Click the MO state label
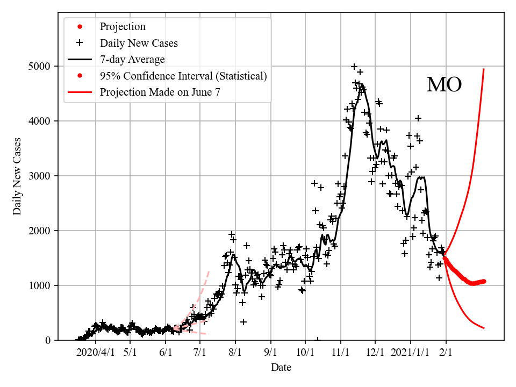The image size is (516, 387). [x=444, y=85]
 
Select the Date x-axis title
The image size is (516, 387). [x=281, y=368]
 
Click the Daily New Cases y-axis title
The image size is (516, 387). [x=17, y=176]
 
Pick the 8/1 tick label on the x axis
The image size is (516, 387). [x=235, y=353]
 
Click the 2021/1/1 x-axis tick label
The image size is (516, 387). [x=411, y=353]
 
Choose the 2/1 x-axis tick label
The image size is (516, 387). [x=446, y=353]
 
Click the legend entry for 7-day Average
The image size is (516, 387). [x=132, y=59]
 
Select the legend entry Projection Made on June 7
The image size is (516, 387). [x=160, y=92]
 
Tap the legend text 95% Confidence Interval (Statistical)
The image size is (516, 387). [x=183, y=76]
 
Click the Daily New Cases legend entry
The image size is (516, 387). [x=139, y=43]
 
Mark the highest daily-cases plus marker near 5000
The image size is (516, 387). [x=354, y=67]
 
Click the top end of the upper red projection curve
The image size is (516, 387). [x=484, y=69]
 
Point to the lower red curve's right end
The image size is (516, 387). [x=484, y=328]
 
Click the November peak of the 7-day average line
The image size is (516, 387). [x=361, y=84]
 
